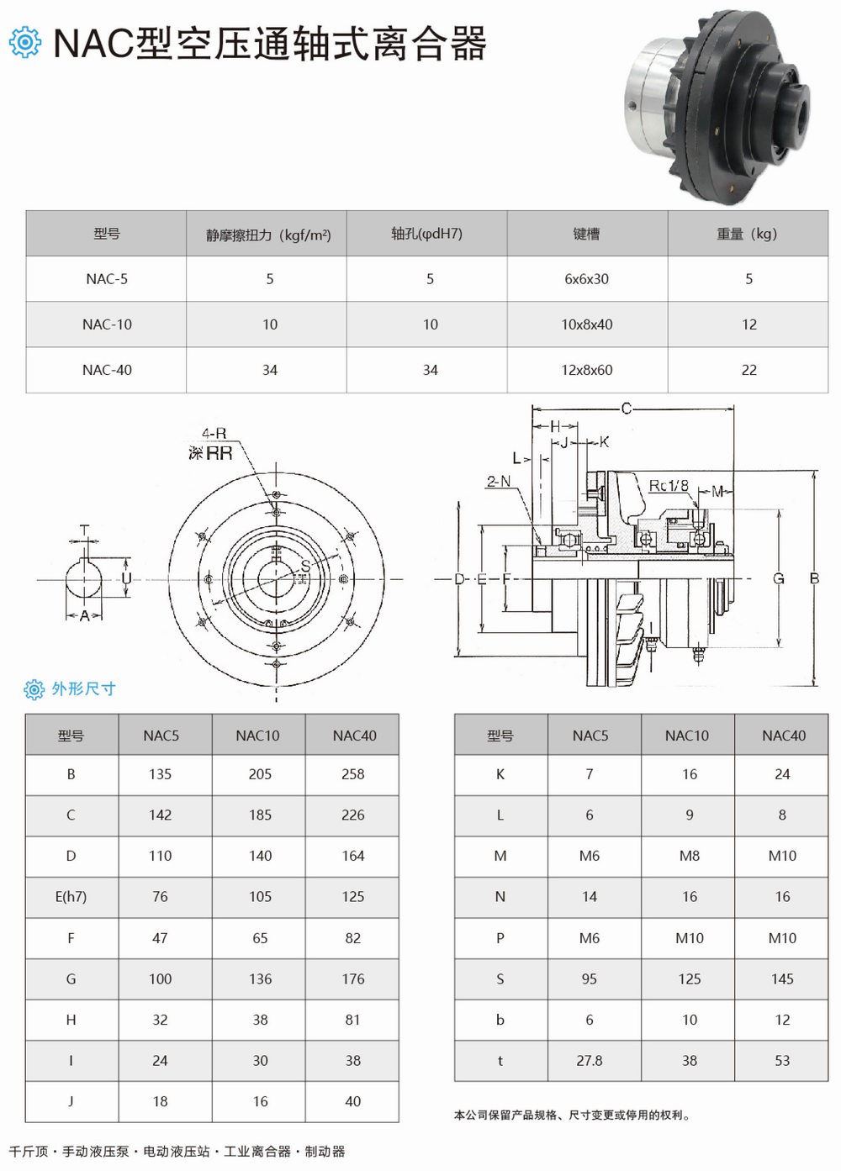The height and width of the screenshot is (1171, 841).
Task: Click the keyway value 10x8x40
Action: (x=586, y=324)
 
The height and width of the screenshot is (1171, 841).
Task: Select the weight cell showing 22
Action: (x=748, y=370)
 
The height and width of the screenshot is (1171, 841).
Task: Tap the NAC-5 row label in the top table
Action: (x=107, y=279)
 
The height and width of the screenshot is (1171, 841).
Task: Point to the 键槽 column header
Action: (x=586, y=234)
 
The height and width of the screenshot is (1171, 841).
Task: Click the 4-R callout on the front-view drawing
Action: (x=214, y=434)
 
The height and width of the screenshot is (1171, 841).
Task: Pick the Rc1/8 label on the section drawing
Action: (x=669, y=486)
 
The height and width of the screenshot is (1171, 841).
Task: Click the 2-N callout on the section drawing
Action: (x=498, y=482)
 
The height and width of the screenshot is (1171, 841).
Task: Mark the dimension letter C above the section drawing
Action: (x=626, y=409)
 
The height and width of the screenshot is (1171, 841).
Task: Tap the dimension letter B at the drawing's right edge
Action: (x=814, y=578)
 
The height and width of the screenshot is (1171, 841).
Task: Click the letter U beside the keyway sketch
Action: (x=126, y=578)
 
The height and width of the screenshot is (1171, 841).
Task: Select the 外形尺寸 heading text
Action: (x=83, y=689)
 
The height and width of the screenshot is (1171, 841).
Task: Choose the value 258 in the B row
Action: (x=352, y=774)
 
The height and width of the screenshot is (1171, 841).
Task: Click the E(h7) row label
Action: (x=71, y=897)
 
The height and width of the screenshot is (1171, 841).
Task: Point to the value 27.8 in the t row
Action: (x=589, y=1061)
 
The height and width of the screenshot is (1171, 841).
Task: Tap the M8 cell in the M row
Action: (x=689, y=856)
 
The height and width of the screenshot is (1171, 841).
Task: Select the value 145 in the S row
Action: (x=781, y=979)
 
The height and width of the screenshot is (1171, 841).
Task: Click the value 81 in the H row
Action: (x=352, y=1020)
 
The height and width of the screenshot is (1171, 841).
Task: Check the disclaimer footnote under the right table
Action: (x=572, y=1116)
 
